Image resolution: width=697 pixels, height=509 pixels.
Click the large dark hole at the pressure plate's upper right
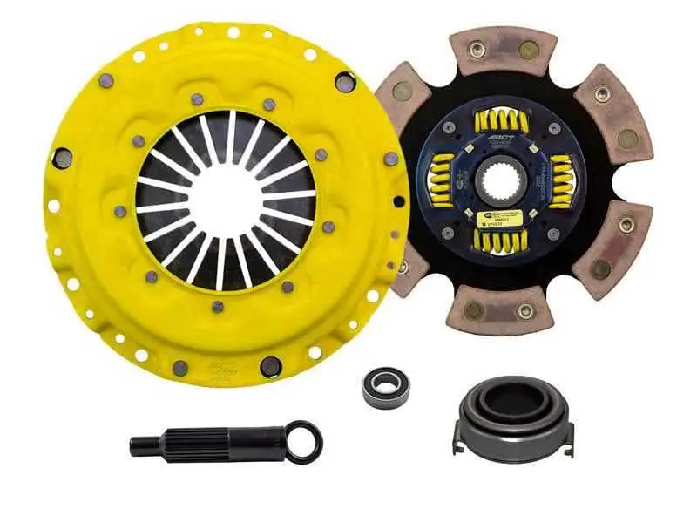pyautogui.click(x=346, y=82)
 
